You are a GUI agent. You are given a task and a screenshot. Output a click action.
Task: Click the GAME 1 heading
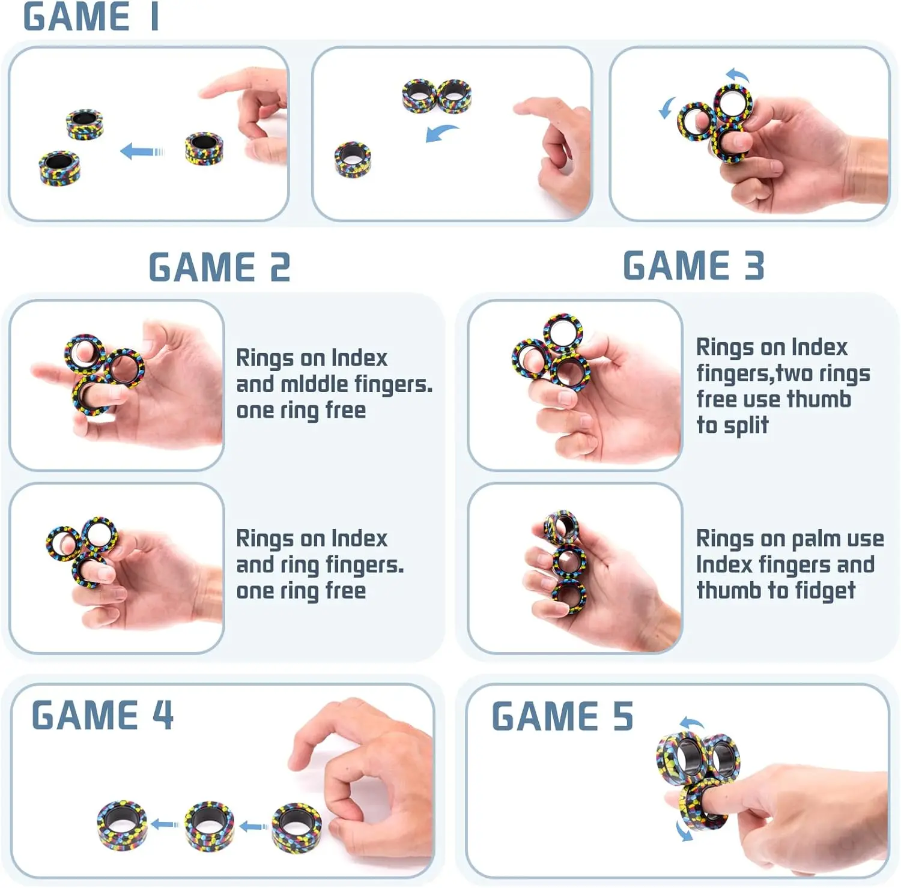pyautogui.click(x=91, y=17)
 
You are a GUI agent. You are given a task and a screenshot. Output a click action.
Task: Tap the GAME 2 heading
pyautogui.click(x=219, y=267)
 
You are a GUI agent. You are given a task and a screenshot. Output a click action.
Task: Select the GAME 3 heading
pyautogui.click(x=694, y=266)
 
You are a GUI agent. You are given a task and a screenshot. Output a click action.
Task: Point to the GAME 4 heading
pyautogui.click(x=103, y=714)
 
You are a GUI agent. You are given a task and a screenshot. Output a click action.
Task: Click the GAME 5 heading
pyautogui.click(x=562, y=716)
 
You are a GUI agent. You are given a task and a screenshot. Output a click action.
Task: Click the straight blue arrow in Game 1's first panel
pyautogui.click(x=142, y=151)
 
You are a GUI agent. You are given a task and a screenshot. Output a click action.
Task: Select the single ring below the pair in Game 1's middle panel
pyautogui.click(x=353, y=160)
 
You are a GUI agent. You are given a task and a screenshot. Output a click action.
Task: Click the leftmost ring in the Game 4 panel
pyautogui.click(x=121, y=825)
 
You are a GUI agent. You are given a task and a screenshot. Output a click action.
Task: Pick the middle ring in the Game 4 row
pyautogui.click(x=209, y=825)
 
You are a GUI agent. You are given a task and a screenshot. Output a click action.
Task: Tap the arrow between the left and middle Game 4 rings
pyautogui.click(x=165, y=825)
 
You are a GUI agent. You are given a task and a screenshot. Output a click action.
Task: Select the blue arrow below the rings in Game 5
pyautogui.click(x=684, y=831)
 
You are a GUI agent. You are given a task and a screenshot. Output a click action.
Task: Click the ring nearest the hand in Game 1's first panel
pyautogui.click(x=204, y=148)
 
